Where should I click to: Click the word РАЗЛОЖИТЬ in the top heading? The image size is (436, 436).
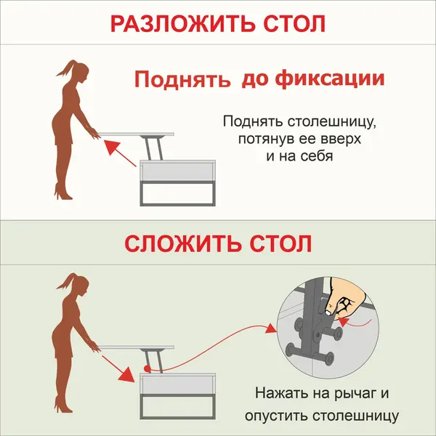[x=182, y=23]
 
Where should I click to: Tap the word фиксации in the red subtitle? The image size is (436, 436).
[x=330, y=78]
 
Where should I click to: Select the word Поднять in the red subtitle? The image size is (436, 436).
[x=182, y=79]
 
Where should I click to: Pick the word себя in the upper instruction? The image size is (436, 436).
[x=317, y=156]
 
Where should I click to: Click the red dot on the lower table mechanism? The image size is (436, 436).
[x=147, y=368]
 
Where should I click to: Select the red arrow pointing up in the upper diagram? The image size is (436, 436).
[x=120, y=153]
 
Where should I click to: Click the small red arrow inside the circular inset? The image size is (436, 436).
[x=355, y=323]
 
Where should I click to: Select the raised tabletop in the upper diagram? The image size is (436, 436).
[x=136, y=134]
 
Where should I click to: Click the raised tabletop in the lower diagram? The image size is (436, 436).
[x=136, y=347]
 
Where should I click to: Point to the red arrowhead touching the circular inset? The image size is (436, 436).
[x=271, y=328]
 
